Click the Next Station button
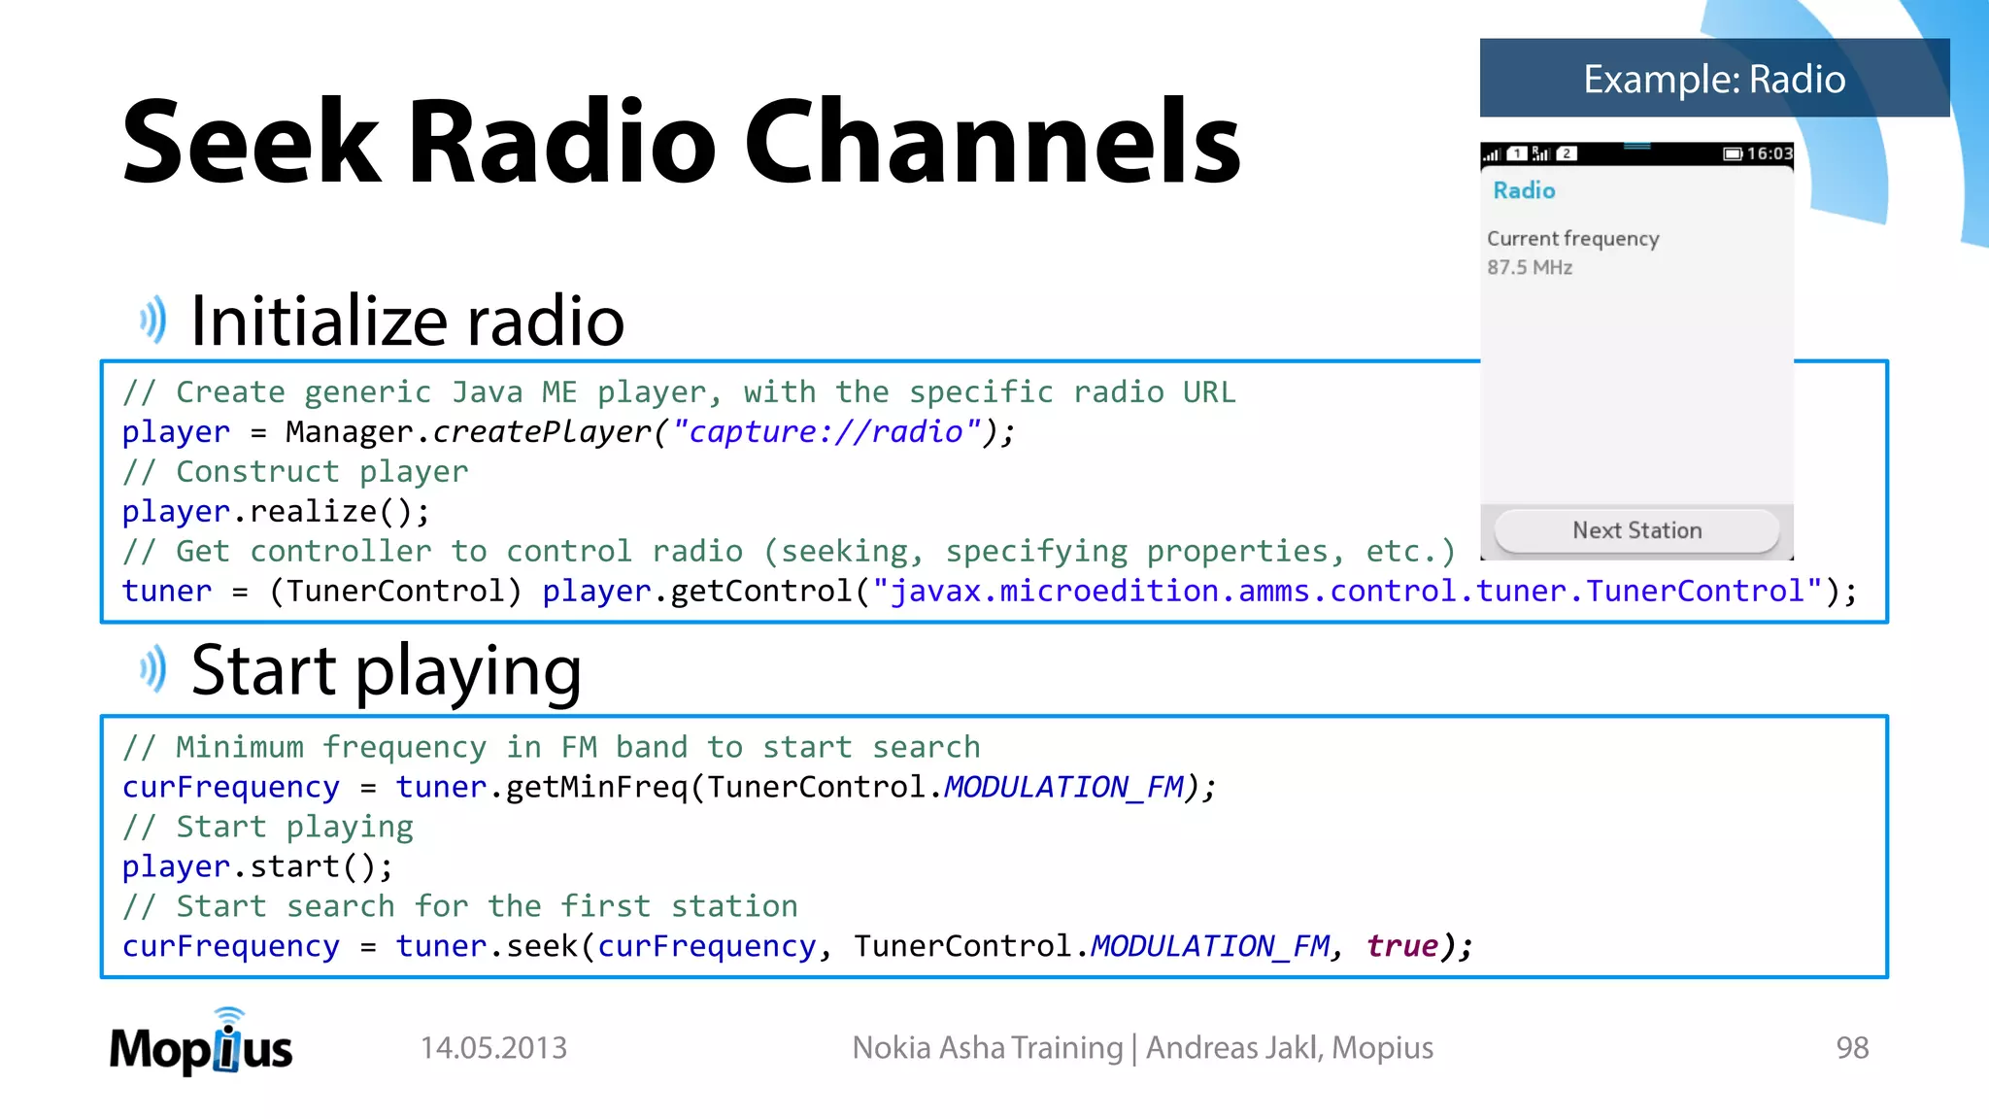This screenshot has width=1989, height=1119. (1636, 530)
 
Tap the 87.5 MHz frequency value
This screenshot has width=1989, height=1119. (1529, 267)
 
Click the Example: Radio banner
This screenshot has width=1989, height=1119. (1714, 79)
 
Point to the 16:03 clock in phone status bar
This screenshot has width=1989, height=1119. (1769, 153)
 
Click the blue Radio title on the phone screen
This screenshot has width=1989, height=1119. (1524, 190)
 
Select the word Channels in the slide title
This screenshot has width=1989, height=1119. (992, 142)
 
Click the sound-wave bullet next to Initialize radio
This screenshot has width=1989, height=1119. (152, 320)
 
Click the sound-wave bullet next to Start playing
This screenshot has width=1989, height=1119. (152, 669)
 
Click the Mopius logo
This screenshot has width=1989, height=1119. (201, 1044)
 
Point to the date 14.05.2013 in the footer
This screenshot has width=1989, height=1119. (493, 1048)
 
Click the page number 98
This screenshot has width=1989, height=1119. (1851, 1048)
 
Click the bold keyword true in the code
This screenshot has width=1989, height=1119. (1401, 945)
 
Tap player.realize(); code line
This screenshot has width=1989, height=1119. (275, 511)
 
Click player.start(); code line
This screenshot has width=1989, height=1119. (257, 866)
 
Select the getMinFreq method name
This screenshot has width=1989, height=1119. (596, 787)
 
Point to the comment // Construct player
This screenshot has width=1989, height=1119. (295, 472)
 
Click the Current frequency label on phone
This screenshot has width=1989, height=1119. (1572, 239)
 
